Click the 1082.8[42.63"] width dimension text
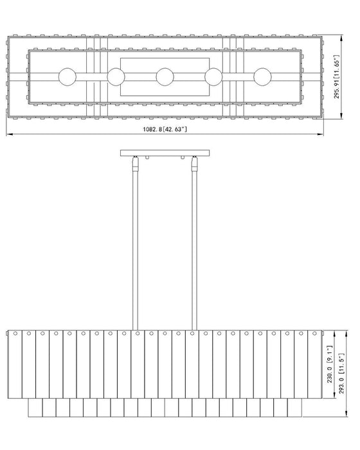(165, 129)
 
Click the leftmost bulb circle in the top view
(67, 76)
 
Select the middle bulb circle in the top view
(165, 76)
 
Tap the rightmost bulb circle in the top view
(262, 76)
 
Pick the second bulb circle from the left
(116, 76)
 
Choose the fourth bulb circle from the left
(213, 76)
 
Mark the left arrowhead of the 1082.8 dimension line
(8, 134)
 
